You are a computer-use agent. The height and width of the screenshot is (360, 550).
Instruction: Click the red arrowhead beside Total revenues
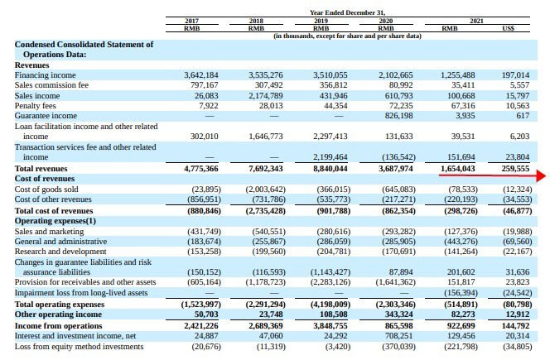click(x=541, y=176)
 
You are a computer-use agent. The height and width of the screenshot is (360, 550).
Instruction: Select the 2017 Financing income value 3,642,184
click(x=201, y=75)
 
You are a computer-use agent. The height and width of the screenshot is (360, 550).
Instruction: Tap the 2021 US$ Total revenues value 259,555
click(x=515, y=169)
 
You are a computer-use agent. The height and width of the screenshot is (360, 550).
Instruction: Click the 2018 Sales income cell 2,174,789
click(x=266, y=96)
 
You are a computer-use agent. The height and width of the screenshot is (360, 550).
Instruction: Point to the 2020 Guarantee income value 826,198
click(x=398, y=116)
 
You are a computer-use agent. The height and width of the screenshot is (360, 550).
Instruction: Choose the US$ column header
click(x=509, y=28)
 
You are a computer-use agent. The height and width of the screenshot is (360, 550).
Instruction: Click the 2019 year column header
click(x=321, y=21)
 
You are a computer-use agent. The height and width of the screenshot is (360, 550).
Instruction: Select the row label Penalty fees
click(x=35, y=106)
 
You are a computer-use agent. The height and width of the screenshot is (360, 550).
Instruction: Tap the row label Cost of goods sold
click(x=46, y=190)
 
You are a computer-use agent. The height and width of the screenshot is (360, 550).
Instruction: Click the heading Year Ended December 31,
click(x=347, y=12)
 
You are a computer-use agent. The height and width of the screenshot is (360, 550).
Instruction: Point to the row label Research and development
click(x=60, y=252)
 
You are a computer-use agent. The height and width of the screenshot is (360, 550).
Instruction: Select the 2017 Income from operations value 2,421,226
click(x=201, y=325)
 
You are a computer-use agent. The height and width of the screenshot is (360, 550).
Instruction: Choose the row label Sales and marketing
click(x=49, y=232)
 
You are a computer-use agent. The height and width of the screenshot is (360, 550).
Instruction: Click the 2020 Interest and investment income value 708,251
click(x=398, y=336)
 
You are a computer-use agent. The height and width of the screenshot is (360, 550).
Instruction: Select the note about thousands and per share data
click(x=347, y=36)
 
